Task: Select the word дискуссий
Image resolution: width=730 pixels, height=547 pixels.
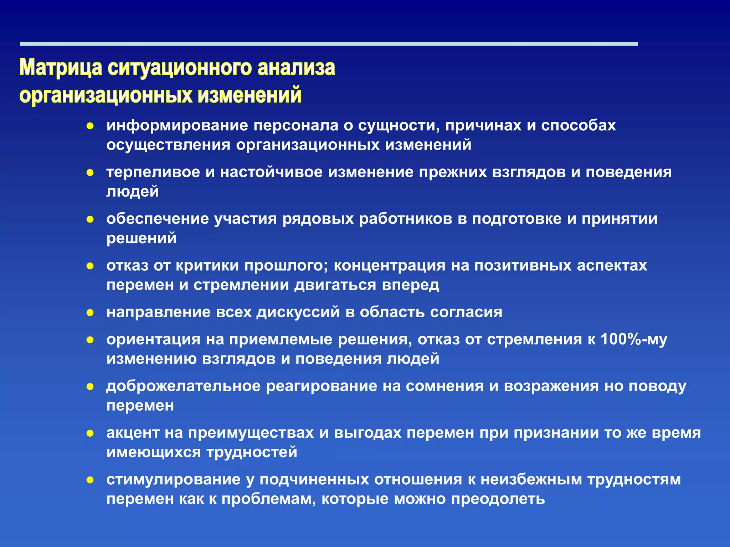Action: point(298,312)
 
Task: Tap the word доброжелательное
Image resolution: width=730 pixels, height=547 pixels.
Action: point(183,386)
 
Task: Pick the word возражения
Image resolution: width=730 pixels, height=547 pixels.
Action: point(551,386)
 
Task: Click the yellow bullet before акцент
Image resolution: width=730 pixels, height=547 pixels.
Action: point(90,433)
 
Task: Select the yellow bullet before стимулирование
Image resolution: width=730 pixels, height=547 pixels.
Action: point(90,480)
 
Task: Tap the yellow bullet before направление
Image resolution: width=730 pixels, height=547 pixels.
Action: point(90,313)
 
